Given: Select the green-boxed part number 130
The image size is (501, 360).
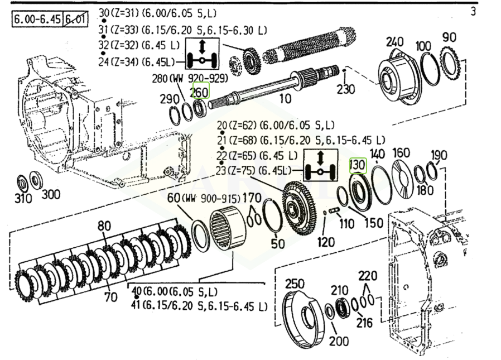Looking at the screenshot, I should (357, 165).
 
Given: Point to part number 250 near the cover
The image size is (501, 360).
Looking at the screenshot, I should (294, 284).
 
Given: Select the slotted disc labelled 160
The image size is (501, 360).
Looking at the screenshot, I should (403, 180).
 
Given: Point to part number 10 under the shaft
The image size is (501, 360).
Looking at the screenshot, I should (285, 98).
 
